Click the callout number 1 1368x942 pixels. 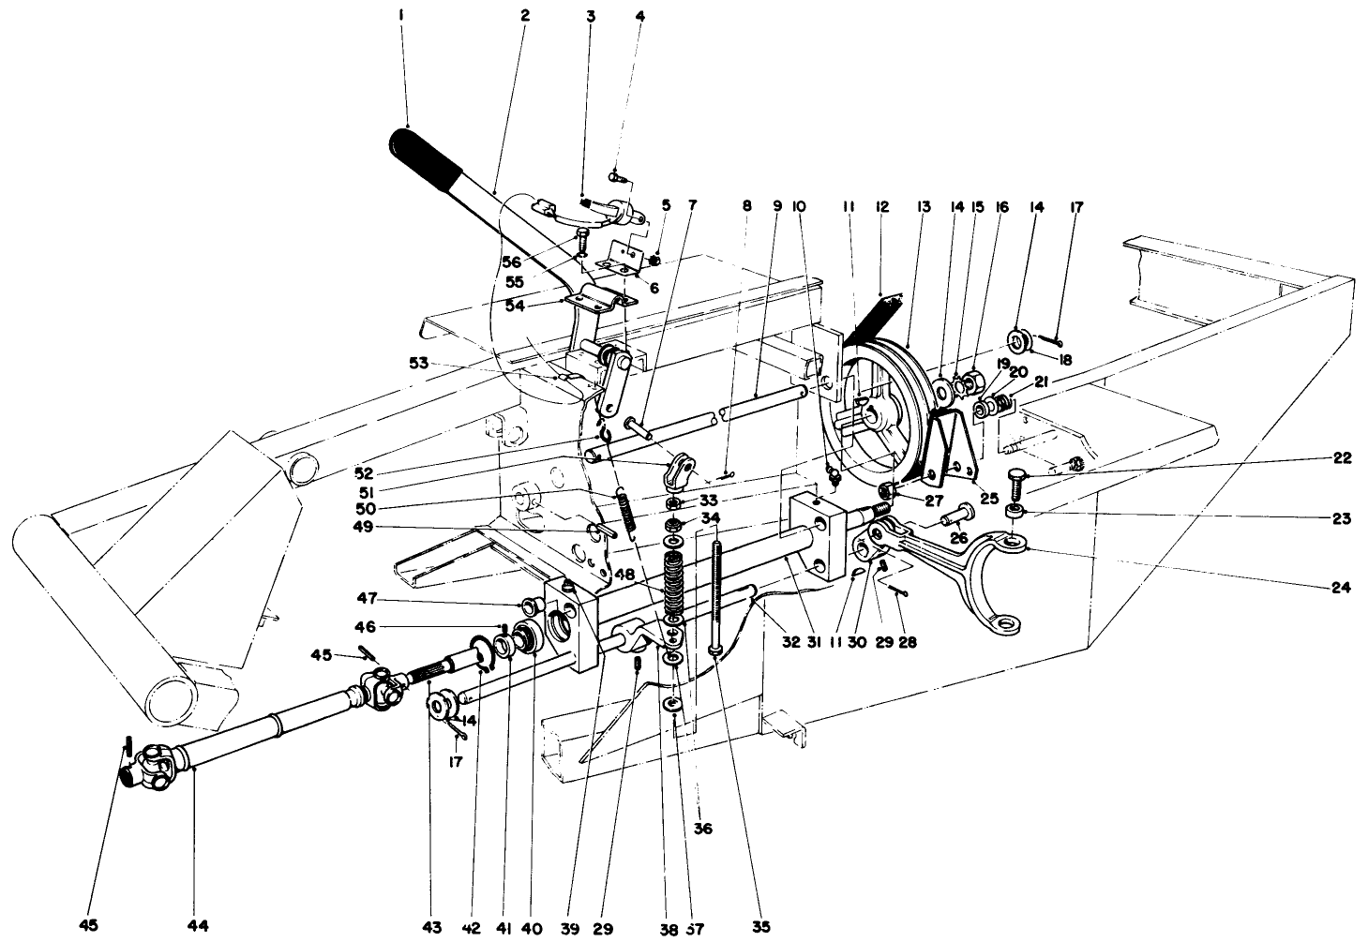click(400, 16)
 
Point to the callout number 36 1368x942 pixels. click(702, 829)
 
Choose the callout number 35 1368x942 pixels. click(759, 926)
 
